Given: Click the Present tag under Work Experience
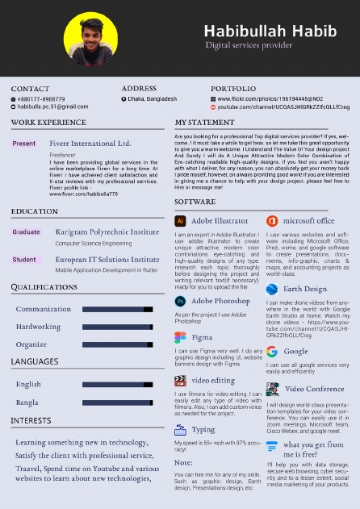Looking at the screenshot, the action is (24, 144).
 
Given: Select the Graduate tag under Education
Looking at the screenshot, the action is (26, 232).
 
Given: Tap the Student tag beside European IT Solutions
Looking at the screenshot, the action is (24, 260).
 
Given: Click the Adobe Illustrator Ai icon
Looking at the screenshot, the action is (180, 220).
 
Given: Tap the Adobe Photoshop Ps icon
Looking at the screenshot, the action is (180, 301).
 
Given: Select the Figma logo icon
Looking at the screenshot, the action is (180, 337).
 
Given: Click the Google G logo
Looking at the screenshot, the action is (272, 351).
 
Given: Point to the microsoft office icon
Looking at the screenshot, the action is (272, 220).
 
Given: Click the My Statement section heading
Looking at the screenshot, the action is (204, 123).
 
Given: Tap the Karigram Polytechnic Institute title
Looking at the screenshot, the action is (107, 232).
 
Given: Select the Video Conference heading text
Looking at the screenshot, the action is (314, 389).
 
